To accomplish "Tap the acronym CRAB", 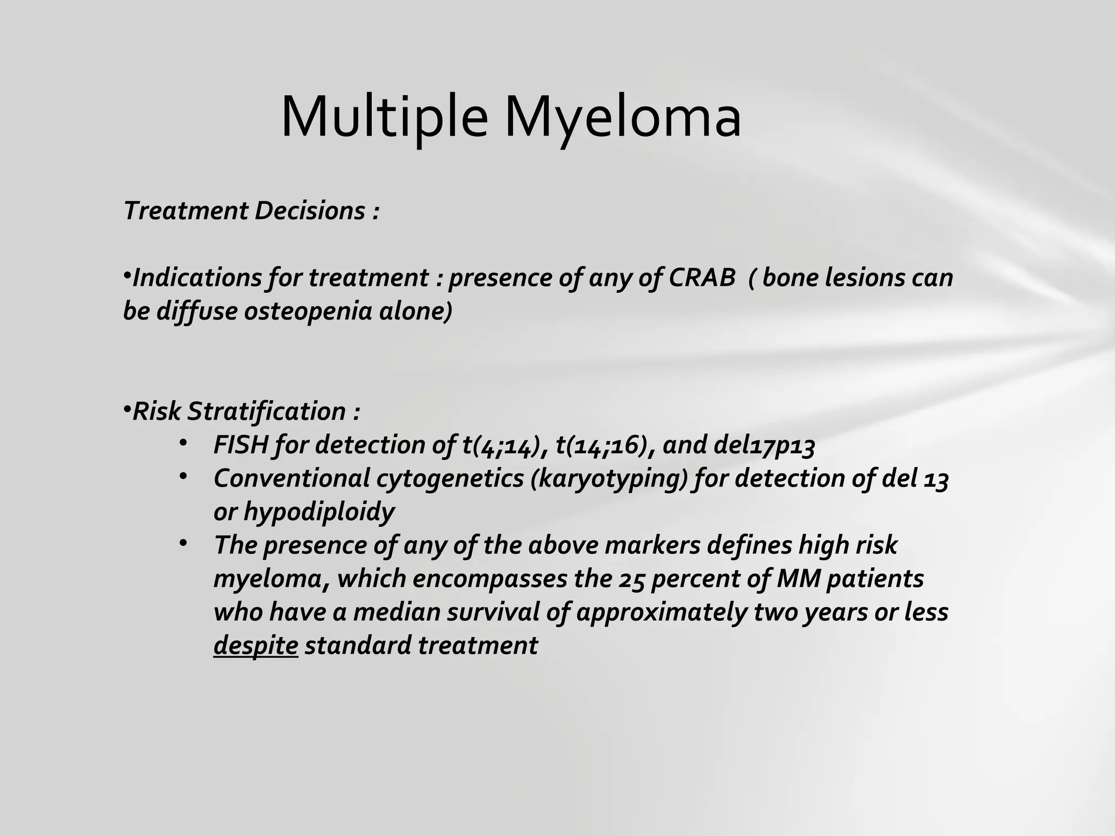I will pyautogui.click(x=702, y=278).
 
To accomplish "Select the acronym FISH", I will pyautogui.click(x=241, y=445).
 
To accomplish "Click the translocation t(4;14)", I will pyautogui.click(x=504, y=445).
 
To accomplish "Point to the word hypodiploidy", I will pyautogui.click(x=318, y=512).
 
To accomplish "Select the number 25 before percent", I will pyautogui.click(x=632, y=579).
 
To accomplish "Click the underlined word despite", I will pyautogui.click(x=255, y=646).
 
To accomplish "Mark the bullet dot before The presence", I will pyautogui.click(x=183, y=543).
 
